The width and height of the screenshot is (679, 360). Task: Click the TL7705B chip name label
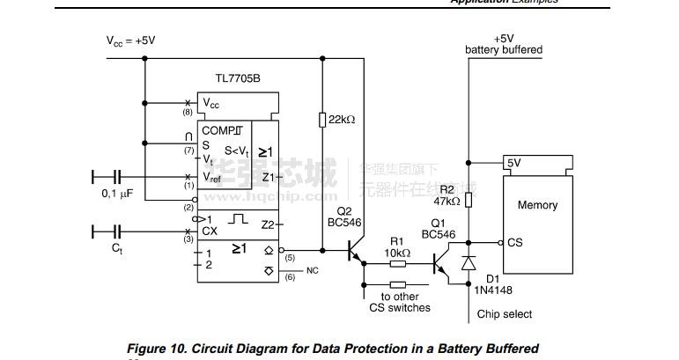[238, 79]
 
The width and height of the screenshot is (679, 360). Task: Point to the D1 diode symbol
[469, 262]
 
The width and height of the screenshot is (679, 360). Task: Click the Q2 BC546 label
[344, 217]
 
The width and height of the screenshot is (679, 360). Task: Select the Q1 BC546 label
[438, 229]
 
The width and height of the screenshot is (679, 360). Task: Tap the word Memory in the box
[537, 205]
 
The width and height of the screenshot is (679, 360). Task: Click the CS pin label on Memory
[514, 243]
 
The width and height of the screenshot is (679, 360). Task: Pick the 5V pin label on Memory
[513, 163]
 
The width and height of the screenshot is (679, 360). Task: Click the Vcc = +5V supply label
[131, 40]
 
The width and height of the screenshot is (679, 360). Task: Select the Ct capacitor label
[117, 249]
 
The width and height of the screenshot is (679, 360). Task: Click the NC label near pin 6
[312, 270]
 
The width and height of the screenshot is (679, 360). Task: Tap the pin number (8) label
[188, 113]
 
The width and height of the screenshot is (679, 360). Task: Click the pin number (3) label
[188, 239]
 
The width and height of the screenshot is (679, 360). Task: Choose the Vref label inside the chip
[212, 177]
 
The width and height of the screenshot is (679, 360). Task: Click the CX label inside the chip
[210, 231]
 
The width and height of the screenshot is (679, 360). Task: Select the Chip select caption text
[505, 314]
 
